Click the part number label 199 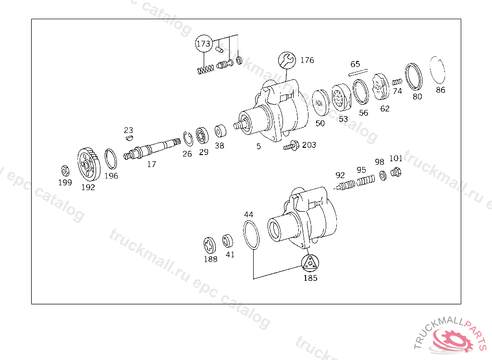pyautogui.click(x=65, y=182)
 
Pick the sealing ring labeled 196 pyautogui.click(x=111, y=159)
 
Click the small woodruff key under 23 pyautogui.click(x=128, y=139)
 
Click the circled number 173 pyautogui.click(x=203, y=44)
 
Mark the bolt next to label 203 pyautogui.click(x=291, y=144)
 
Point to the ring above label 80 pyautogui.click(x=413, y=76)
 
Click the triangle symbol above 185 pyautogui.click(x=310, y=263)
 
